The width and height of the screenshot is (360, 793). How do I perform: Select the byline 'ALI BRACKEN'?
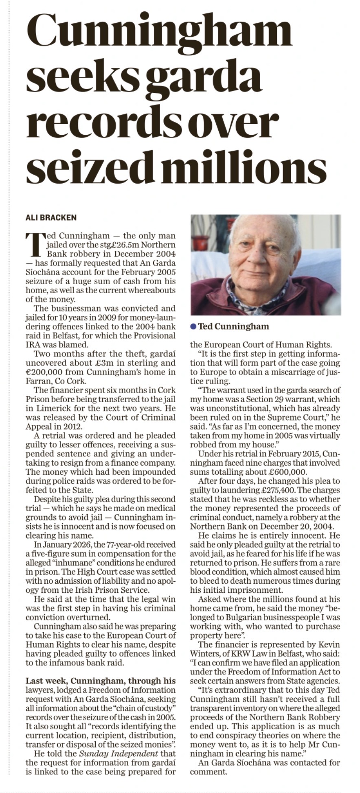click(x=51, y=218)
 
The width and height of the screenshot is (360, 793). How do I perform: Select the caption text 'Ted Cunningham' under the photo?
click(x=233, y=326)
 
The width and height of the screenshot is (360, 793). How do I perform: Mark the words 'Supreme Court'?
click(x=279, y=418)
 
